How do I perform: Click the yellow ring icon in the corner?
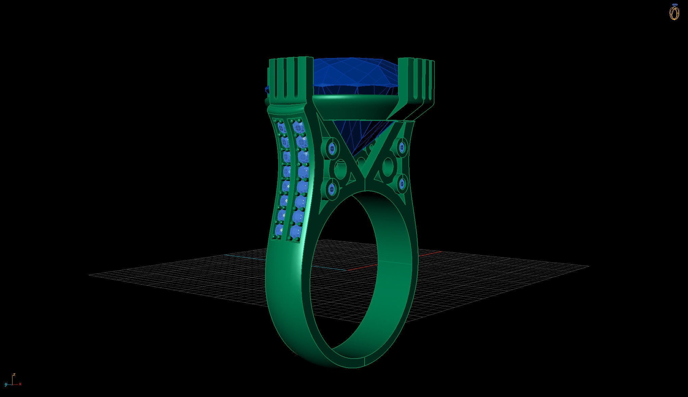click(674, 12)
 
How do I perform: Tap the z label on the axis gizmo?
click(14, 375)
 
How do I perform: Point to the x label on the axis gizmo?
click(20, 384)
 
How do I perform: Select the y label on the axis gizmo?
click(6, 384)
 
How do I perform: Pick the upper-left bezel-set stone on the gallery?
click(332, 148)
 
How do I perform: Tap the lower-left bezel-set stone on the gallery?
click(332, 189)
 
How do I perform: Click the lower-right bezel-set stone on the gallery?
click(402, 184)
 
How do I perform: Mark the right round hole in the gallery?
click(388, 166)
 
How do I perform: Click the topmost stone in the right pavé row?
click(298, 127)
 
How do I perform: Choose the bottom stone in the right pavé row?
click(295, 232)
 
